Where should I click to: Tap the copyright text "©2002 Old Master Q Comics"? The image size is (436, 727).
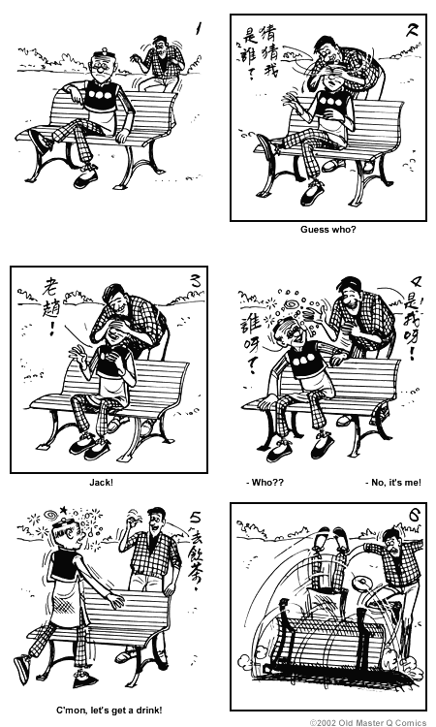point(369,721)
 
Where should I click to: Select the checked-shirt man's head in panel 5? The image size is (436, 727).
point(157,519)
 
